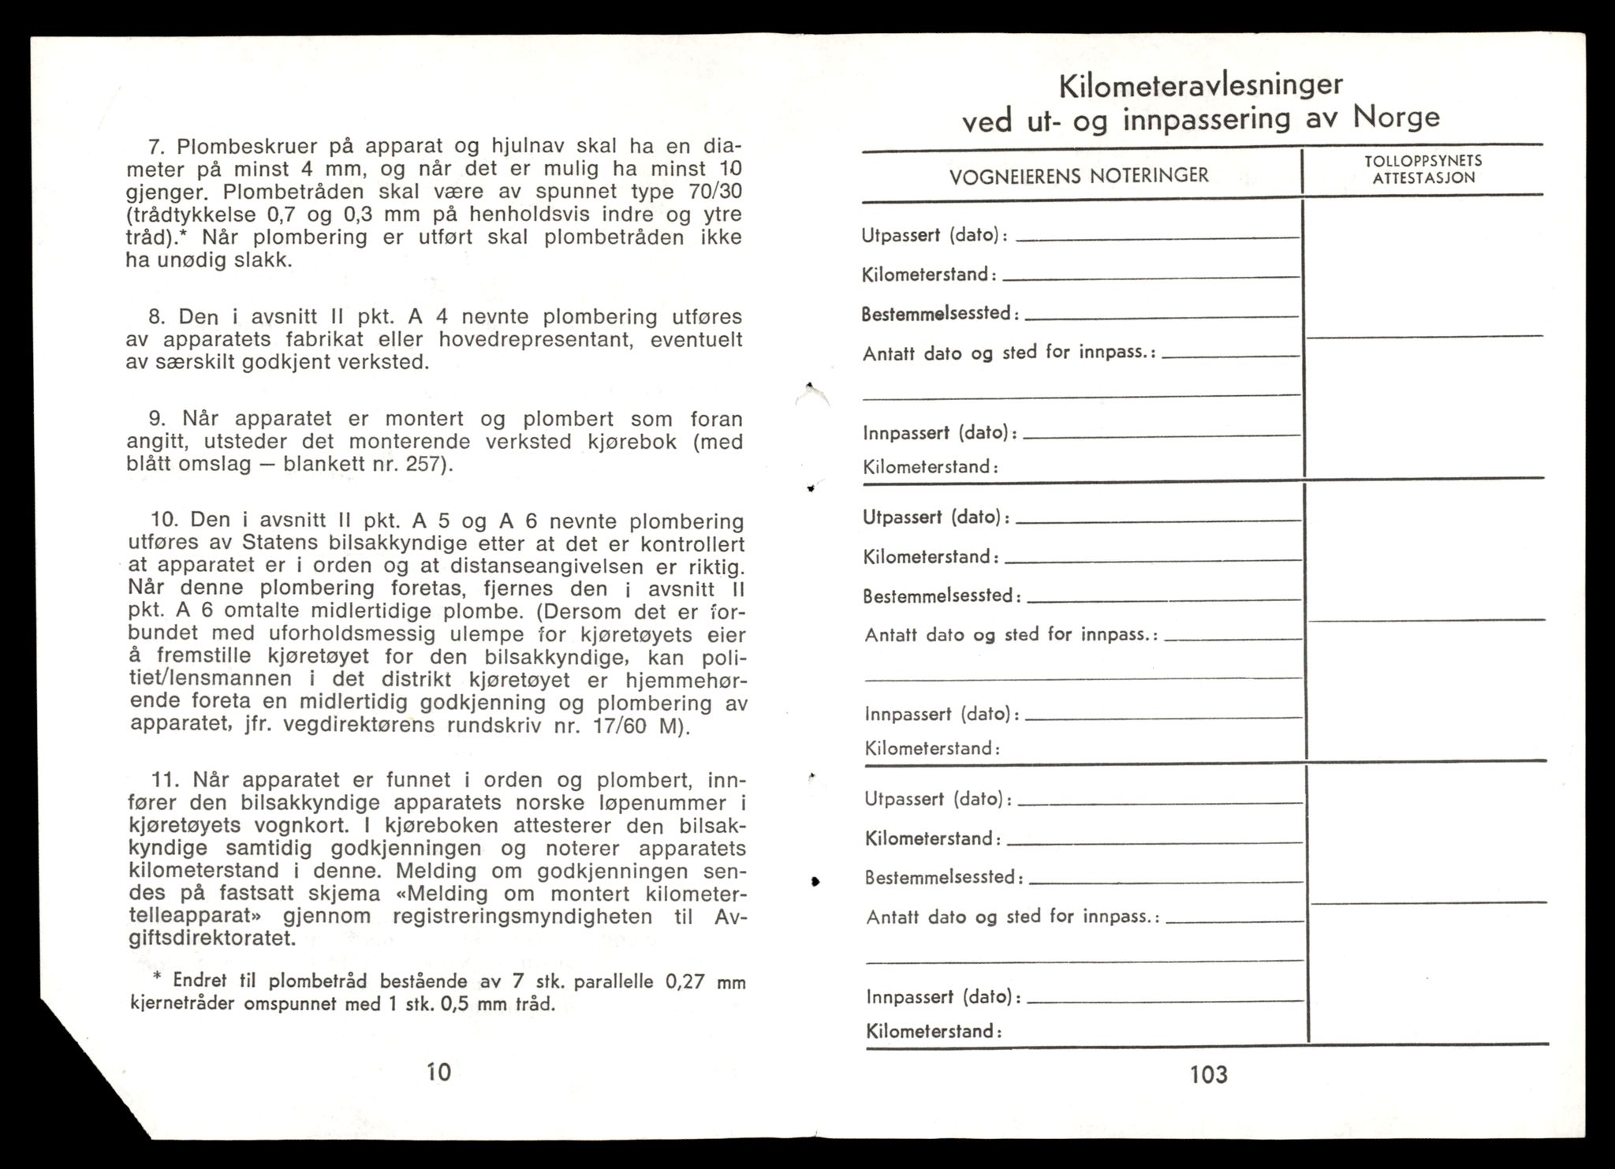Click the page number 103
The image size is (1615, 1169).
pyautogui.click(x=1208, y=1074)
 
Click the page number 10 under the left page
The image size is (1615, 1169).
pyautogui.click(x=438, y=1071)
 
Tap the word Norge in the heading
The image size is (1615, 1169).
pyautogui.click(x=1397, y=118)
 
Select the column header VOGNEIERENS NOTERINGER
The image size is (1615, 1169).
pyautogui.click(x=1079, y=175)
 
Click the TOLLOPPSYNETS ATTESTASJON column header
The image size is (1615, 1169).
pyautogui.click(x=1423, y=169)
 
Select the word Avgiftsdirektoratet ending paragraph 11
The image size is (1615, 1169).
pyautogui.click(x=213, y=939)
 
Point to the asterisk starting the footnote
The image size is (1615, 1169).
pyautogui.click(x=156, y=978)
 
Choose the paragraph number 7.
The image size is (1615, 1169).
pyautogui.click(x=155, y=147)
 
